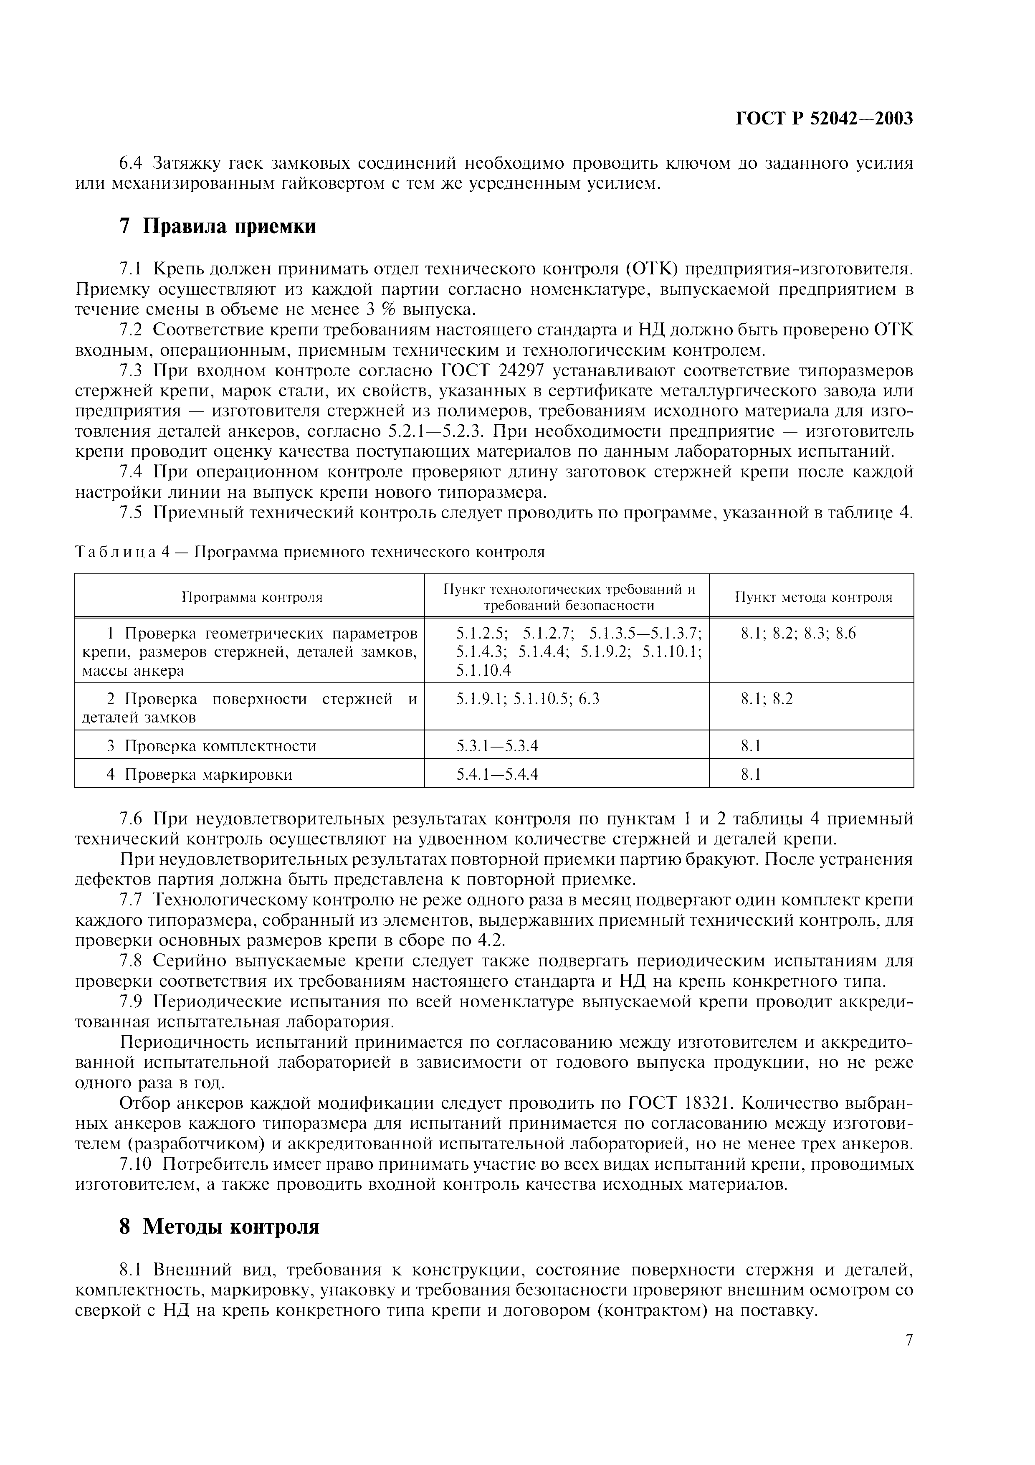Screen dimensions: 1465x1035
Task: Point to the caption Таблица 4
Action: (x=309, y=552)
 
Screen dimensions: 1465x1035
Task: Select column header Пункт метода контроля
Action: (x=813, y=597)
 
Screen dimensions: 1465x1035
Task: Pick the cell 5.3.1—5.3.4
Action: (x=497, y=746)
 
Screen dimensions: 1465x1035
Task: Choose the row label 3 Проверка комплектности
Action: (x=211, y=746)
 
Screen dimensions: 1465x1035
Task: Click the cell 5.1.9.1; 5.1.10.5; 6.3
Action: (x=527, y=699)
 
